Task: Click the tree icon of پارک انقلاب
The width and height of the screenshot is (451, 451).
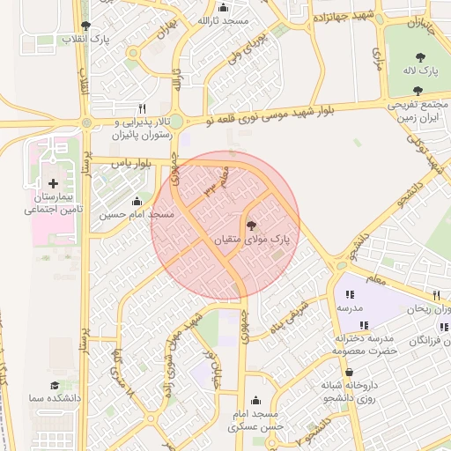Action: (x=85, y=26)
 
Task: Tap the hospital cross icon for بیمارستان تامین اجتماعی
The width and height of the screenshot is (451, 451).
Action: (x=54, y=184)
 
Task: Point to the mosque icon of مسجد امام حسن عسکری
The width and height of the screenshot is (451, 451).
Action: (x=255, y=400)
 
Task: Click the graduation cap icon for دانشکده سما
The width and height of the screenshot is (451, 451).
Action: (x=55, y=385)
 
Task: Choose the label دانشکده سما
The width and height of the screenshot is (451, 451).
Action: (x=55, y=398)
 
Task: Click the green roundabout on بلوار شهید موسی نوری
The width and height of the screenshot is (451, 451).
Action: (x=176, y=122)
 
